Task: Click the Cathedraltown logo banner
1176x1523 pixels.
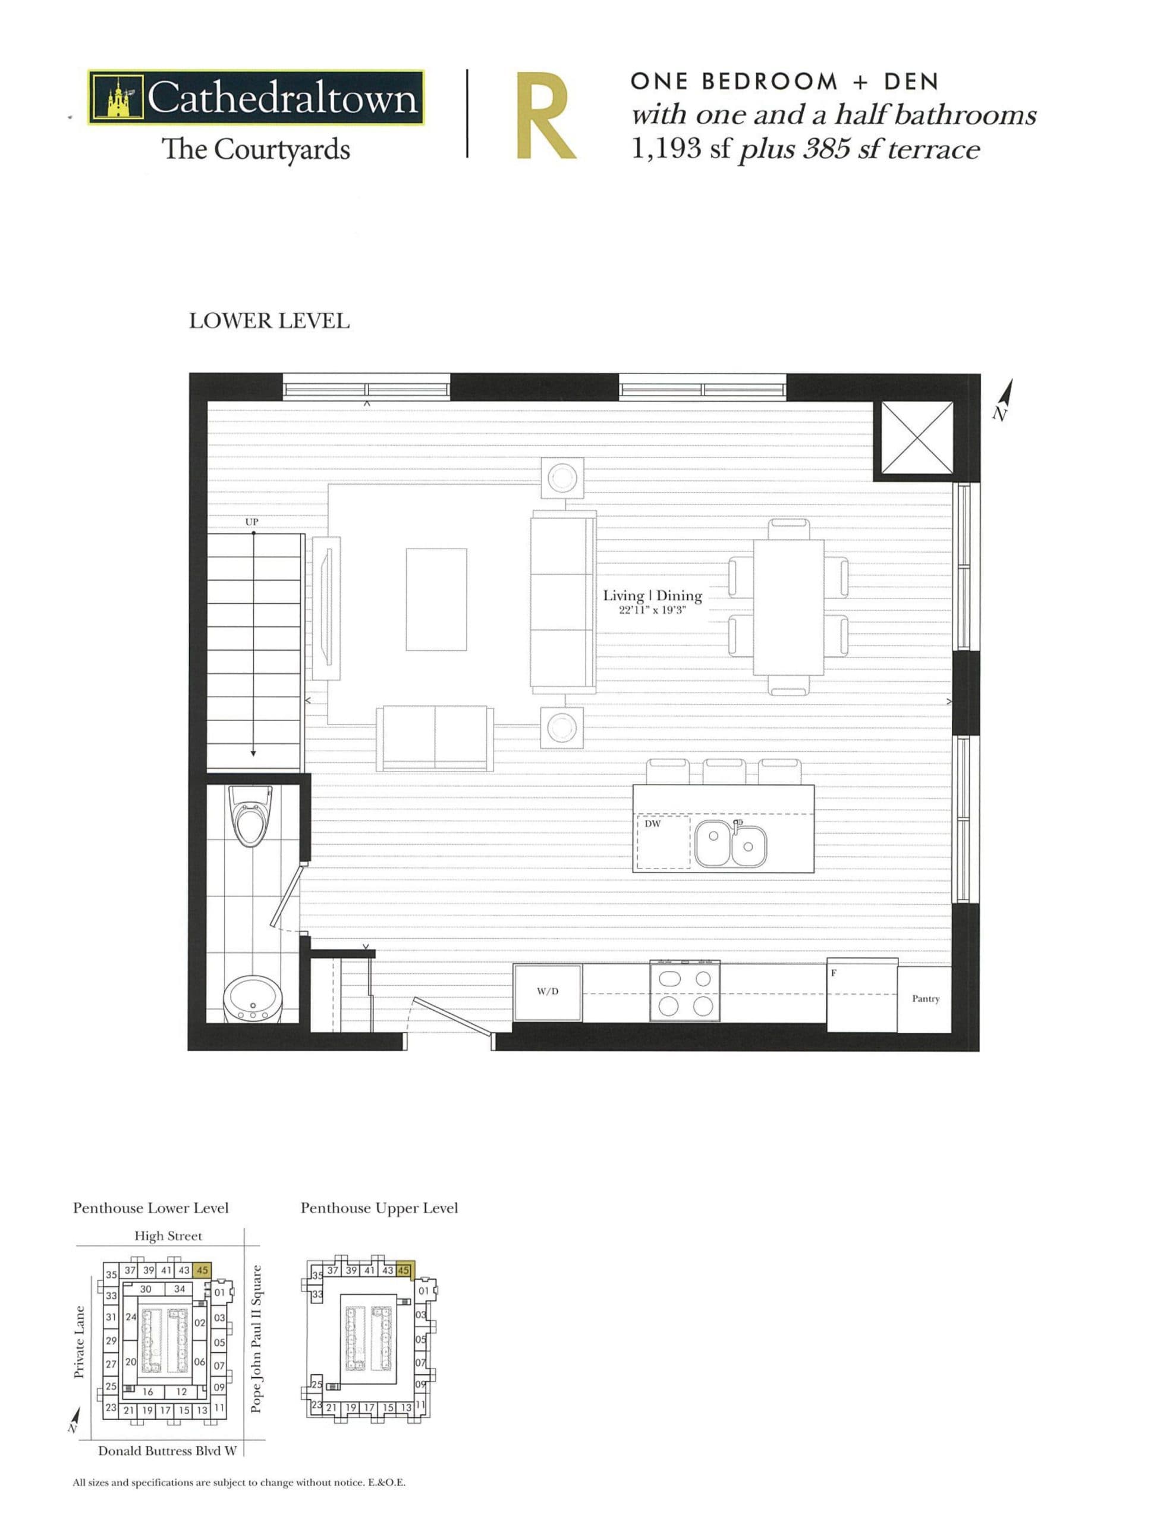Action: (256, 98)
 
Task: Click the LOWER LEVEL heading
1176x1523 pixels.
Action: (269, 321)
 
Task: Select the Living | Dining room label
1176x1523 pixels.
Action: (652, 596)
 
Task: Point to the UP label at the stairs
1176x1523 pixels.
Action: (251, 522)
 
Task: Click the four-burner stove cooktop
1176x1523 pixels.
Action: (684, 992)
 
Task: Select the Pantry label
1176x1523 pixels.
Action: (925, 999)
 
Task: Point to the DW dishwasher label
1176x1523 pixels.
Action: (652, 823)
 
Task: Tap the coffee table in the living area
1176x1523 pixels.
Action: (436, 599)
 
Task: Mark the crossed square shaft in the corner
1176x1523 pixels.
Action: (913, 438)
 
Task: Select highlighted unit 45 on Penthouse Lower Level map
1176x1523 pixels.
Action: (202, 1270)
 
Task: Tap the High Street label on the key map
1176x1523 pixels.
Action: (168, 1236)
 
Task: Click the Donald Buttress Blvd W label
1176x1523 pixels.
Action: (167, 1451)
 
